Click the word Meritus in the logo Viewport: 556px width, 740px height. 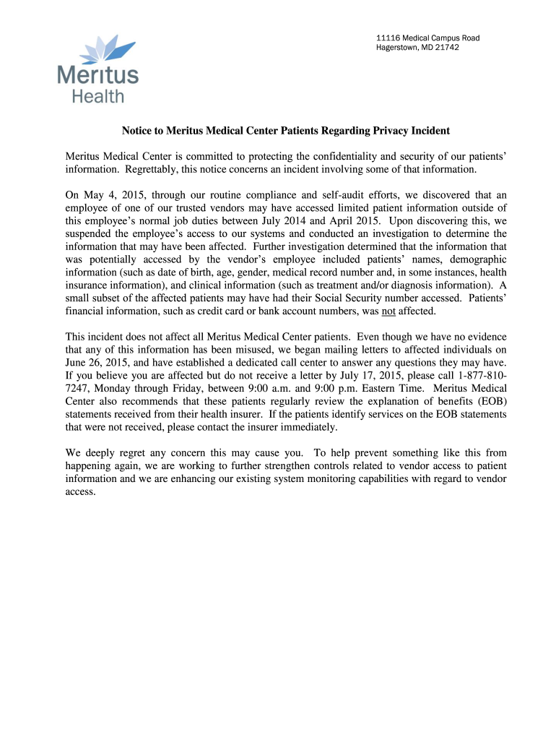97,75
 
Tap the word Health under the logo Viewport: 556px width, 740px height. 97,95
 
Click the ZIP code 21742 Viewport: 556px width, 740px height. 446,48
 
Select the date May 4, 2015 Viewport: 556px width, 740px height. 110,194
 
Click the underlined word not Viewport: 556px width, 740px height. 388,311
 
